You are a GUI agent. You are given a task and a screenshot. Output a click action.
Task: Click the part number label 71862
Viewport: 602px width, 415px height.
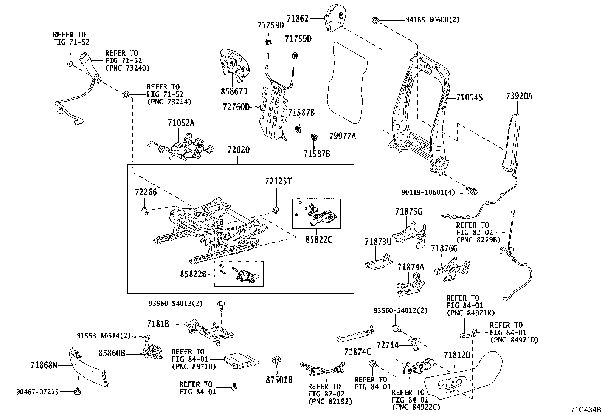[298, 18]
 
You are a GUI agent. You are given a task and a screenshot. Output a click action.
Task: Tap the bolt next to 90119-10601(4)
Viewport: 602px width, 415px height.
[472, 191]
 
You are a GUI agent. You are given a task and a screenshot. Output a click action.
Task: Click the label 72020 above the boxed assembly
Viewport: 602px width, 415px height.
[238, 150]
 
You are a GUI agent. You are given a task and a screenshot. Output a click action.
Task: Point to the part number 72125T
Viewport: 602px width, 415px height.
[278, 181]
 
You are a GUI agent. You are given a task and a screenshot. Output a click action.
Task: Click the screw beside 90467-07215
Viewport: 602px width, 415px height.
[78, 391]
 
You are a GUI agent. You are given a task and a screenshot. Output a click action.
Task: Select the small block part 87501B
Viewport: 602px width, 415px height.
[277, 360]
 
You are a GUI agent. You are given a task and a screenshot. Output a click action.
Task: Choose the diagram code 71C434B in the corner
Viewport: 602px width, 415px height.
[586, 409]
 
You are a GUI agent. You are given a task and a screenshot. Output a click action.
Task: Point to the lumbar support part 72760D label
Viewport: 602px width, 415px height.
[236, 107]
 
